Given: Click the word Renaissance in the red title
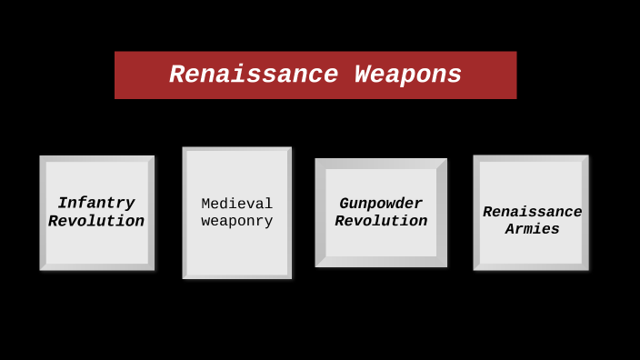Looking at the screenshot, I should tap(253, 75).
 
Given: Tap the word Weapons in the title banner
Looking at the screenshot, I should tap(408, 75).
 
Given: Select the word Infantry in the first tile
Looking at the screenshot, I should tap(96, 203).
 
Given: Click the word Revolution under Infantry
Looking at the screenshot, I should tap(96, 221).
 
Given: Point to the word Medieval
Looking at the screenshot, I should tap(236, 204).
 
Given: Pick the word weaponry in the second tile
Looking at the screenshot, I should tap(236, 221).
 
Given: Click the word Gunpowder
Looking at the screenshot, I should tap(381, 204).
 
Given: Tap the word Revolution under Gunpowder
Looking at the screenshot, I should tap(381, 221).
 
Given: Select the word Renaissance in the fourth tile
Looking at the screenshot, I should tap(532, 212).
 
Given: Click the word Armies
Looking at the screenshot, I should tap(532, 229).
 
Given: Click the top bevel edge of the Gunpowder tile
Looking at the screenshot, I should tap(381, 164).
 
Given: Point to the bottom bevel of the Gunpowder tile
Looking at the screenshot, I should tap(381, 262).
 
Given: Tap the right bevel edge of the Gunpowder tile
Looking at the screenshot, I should tap(442, 213).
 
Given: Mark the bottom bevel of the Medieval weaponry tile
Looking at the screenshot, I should tap(236, 276).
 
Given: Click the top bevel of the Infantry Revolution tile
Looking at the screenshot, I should tap(96, 159).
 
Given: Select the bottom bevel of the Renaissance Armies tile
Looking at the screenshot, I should tap(531, 267).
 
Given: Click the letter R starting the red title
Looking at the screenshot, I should tap(178, 75).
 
